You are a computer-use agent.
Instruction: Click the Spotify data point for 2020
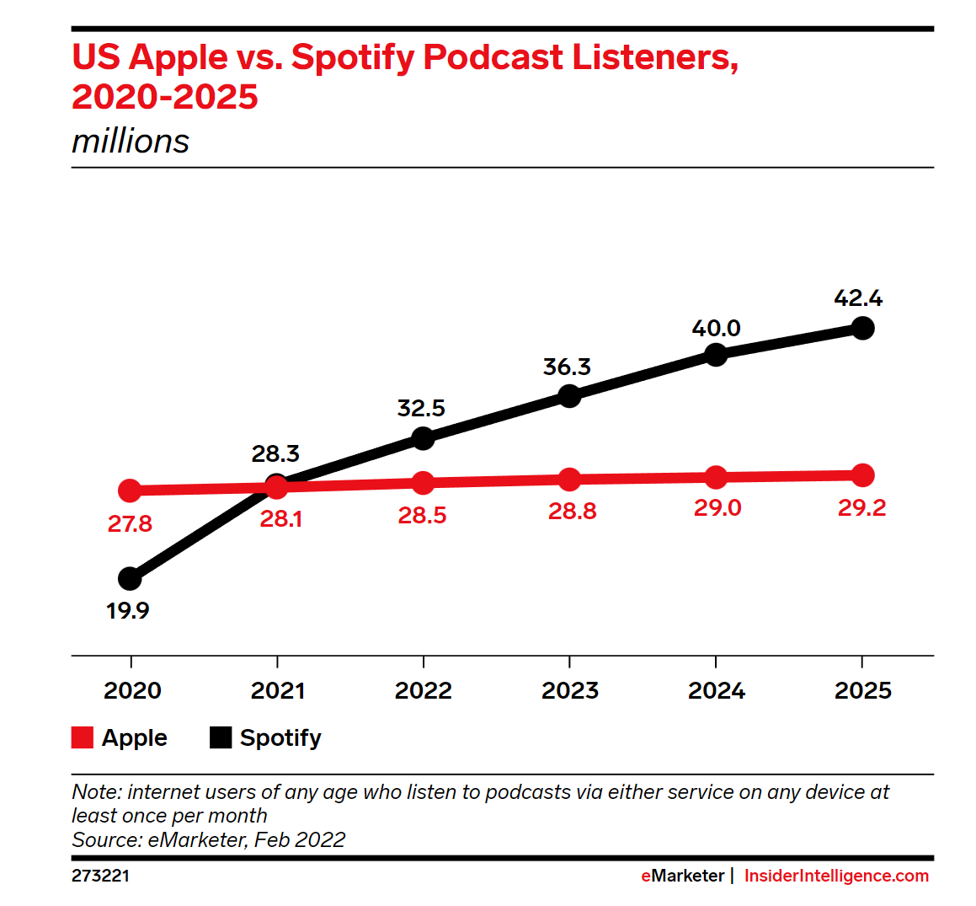click(130, 579)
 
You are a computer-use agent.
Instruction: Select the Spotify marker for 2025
click(862, 328)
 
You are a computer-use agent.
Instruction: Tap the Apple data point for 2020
click(130, 491)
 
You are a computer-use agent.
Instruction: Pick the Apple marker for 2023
click(570, 480)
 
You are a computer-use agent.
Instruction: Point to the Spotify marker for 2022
click(423, 438)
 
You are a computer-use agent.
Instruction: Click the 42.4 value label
click(858, 298)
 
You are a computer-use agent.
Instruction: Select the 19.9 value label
click(128, 611)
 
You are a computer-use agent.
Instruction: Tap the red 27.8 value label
click(130, 524)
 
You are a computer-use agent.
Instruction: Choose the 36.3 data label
click(567, 367)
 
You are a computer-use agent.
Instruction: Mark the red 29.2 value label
click(861, 508)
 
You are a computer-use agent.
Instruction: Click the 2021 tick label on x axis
click(278, 691)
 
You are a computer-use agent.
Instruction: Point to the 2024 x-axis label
click(717, 691)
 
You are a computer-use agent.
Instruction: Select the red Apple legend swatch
click(83, 737)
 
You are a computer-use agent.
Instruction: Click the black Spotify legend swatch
click(221, 737)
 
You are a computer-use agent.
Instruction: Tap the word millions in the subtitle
click(131, 142)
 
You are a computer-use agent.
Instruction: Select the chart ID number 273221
click(101, 876)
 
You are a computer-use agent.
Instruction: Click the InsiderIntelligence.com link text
click(836, 876)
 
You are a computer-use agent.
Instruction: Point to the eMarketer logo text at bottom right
click(682, 876)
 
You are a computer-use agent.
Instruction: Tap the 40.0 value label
click(716, 328)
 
